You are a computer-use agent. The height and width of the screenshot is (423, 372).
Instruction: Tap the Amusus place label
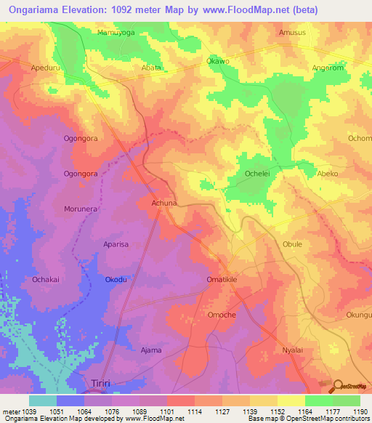click(x=291, y=33)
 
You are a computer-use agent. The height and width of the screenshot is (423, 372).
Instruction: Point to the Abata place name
click(x=150, y=68)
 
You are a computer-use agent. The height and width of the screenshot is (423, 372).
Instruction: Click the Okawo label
click(x=218, y=61)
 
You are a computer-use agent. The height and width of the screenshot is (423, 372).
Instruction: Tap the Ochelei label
click(x=256, y=174)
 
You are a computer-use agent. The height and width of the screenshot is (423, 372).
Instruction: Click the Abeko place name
click(x=328, y=174)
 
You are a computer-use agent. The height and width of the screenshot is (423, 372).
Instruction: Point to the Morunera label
click(x=80, y=208)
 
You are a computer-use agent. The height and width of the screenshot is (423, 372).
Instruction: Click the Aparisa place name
click(x=116, y=244)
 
